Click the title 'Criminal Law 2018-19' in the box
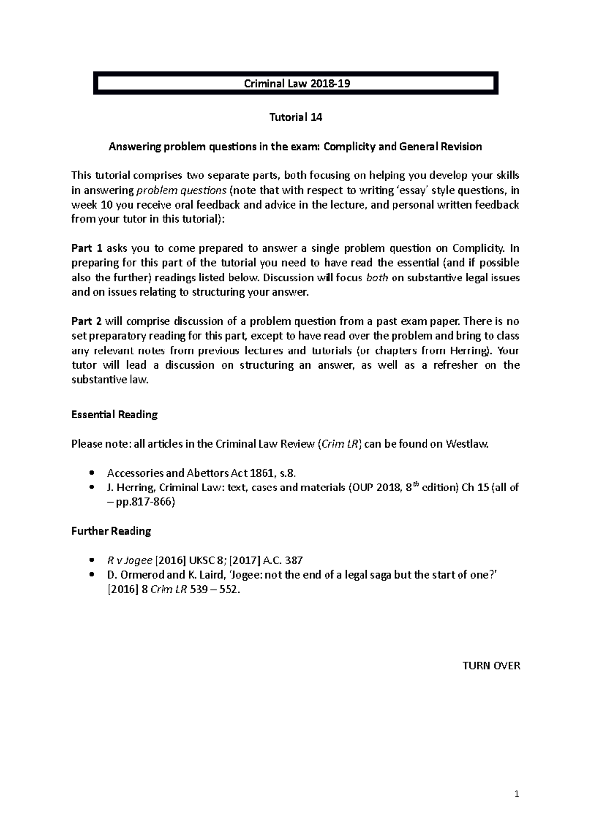297,83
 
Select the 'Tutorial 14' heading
295,117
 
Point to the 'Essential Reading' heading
114,414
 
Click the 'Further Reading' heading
111,531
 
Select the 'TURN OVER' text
491,665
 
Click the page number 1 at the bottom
517,794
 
